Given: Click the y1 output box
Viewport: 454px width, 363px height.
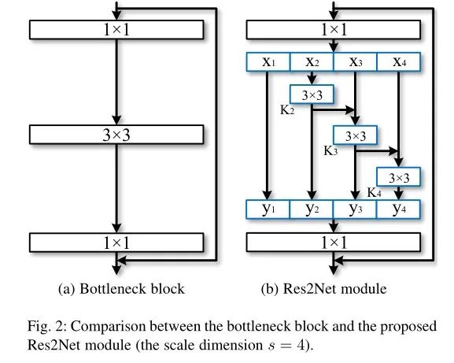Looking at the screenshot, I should click(268, 209).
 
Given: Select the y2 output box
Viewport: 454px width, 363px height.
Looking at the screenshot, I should click(312, 209).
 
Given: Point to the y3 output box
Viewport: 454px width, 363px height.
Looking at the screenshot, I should click(356, 209).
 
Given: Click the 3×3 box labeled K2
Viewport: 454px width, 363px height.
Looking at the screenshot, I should click(312, 94).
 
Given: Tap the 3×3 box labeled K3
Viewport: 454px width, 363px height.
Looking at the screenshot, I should click(356, 135).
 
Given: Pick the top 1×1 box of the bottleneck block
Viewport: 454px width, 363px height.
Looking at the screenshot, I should click(116, 29).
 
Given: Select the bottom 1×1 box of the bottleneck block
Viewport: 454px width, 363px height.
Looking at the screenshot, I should click(116, 242).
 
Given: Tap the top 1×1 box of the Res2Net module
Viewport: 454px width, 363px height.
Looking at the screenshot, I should click(334, 29).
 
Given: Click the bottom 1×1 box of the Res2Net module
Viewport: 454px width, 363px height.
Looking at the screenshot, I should click(334, 242).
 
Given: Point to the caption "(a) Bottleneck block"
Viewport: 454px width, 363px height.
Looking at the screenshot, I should click(121, 289).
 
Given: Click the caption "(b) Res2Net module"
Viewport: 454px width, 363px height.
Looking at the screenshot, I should click(323, 289).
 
